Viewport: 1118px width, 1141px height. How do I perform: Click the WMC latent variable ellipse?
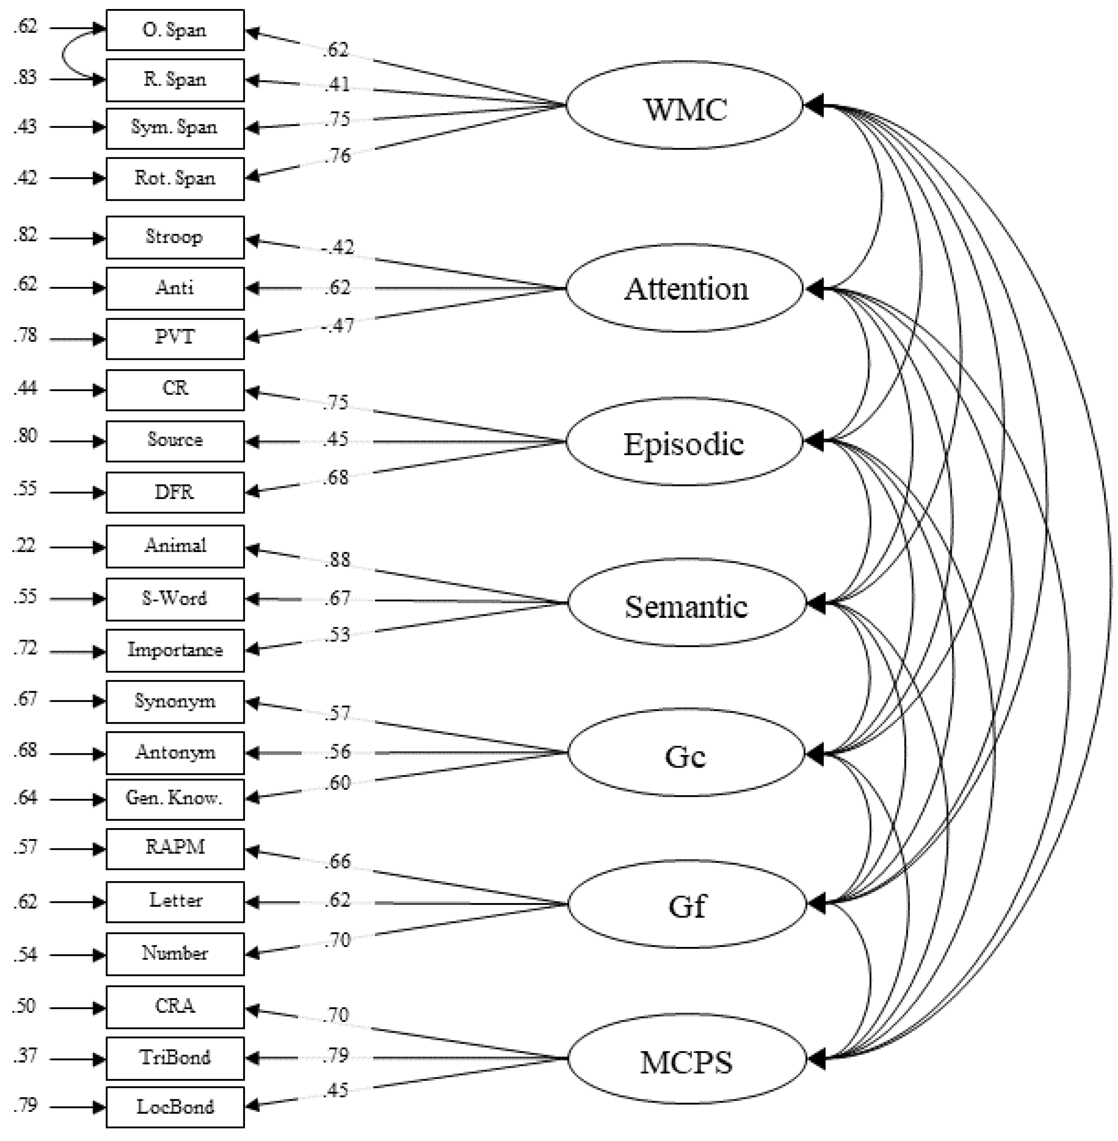(684, 106)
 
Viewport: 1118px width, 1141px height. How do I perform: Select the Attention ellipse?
(684, 288)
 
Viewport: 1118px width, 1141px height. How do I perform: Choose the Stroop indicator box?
(175, 237)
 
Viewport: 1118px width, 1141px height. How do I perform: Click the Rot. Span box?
(175, 178)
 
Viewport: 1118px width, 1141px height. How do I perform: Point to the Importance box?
(175, 650)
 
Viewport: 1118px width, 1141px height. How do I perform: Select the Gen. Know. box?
(175, 799)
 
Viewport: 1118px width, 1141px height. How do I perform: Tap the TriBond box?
(175, 1058)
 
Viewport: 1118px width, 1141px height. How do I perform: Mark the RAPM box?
(175, 848)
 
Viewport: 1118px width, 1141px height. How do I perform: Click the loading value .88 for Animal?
(337, 559)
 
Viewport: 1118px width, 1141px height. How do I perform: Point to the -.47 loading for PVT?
(337, 326)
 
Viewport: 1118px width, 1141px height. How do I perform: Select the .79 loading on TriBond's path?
(337, 1055)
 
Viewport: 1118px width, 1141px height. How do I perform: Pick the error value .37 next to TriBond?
(25, 1056)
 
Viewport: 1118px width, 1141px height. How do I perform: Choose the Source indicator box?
(175, 440)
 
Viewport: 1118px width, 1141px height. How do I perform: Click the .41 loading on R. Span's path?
(337, 85)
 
